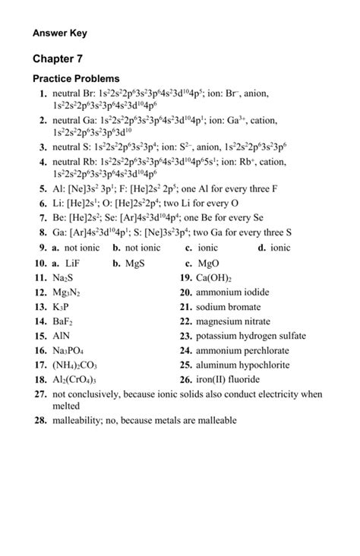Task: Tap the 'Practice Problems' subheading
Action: [76, 79]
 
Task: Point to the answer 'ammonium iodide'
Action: [232, 292]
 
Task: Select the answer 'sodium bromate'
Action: [229, 307]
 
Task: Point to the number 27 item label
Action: [40, 395]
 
